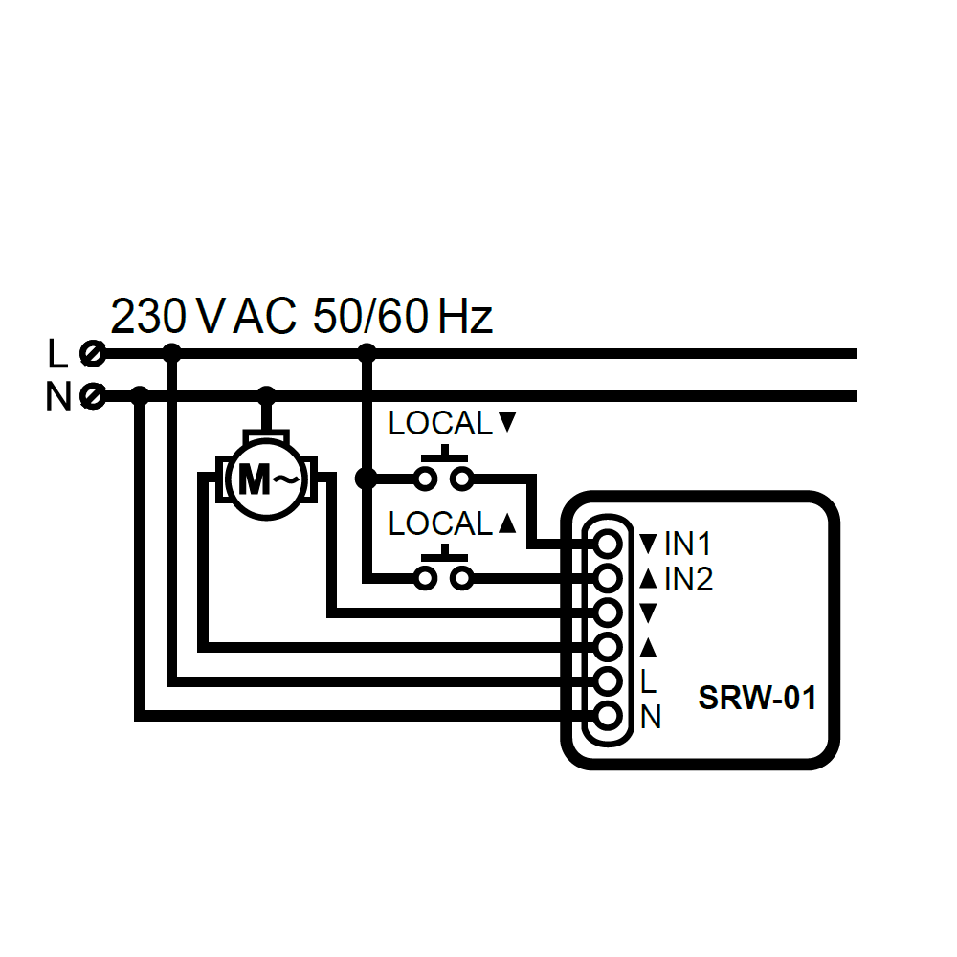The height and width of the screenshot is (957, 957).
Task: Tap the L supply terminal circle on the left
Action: (93, 354)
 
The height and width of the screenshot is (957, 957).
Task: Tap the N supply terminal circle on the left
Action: (93, 394)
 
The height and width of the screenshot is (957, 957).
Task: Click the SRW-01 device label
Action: (757, 699)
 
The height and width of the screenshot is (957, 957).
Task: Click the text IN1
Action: (688, 545)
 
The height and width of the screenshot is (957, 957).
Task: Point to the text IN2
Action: (688, 579)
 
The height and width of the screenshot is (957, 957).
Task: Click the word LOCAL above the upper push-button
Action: (440, 423)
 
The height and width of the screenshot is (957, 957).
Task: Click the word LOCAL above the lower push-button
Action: (440, 523)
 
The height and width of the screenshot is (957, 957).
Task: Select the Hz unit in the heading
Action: (465, 317)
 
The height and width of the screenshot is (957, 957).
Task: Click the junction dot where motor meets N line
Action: (267, 394)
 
